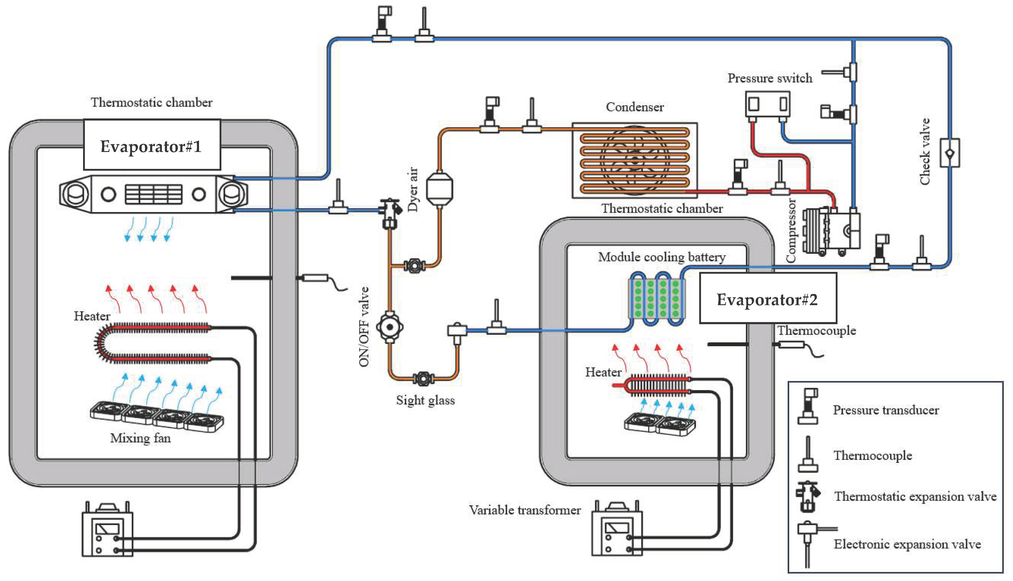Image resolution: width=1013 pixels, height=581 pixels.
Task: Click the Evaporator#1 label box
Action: (x=152, y=145)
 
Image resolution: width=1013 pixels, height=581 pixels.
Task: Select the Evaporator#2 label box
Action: (x=768, y=298)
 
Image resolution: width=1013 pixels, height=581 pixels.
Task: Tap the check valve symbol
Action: (x=950, y=153)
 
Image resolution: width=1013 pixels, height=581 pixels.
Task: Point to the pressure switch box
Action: (x=768, y=104)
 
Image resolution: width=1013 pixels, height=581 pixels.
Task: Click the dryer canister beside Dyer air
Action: (x=439, y=189)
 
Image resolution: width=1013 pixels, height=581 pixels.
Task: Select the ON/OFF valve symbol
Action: (x=390, y=327)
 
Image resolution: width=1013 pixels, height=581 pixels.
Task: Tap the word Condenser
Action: (x=635, y=107)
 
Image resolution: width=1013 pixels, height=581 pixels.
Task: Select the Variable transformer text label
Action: (x=524, y=510)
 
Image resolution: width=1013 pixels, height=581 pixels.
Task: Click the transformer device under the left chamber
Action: (x=107, y=531)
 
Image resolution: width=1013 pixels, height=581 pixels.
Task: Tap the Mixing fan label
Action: (x=140, y=438)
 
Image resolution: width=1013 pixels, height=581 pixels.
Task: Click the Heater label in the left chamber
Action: (x=92, y=316)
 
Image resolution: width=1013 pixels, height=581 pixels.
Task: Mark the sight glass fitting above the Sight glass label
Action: (x=423, y=378)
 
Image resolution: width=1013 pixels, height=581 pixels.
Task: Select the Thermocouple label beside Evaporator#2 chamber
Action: (x=816, y=331)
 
